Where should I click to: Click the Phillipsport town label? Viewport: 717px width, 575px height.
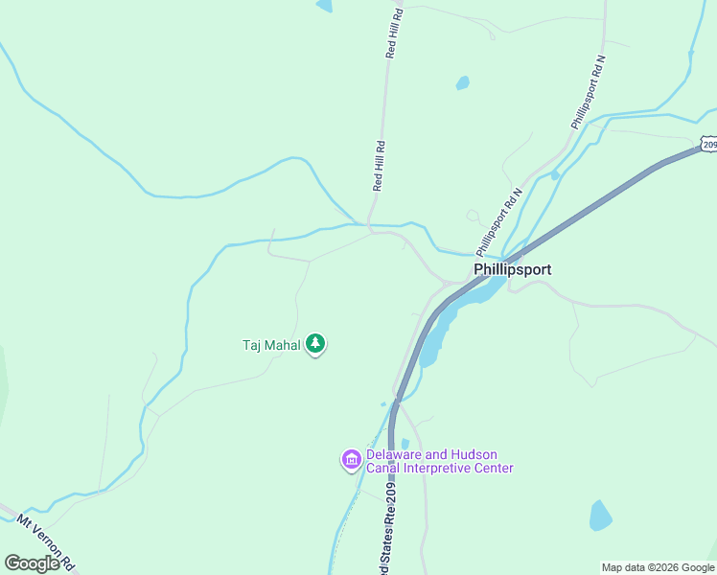(512, 270)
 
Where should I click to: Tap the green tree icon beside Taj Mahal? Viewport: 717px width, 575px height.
(315, 344)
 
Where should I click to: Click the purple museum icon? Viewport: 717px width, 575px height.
(351, 461)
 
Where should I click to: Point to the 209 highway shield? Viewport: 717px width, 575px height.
(708, 144)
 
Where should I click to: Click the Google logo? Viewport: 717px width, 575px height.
(32, 563)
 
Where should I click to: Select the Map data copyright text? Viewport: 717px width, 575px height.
(659, 567)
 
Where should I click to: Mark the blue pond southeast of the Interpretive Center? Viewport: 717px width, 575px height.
(600, 516)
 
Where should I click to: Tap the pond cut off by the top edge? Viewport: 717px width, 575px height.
(324, 5)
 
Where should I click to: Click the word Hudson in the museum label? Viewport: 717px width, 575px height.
(477, 455)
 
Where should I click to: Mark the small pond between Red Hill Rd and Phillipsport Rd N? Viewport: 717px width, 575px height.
(463, 82)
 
